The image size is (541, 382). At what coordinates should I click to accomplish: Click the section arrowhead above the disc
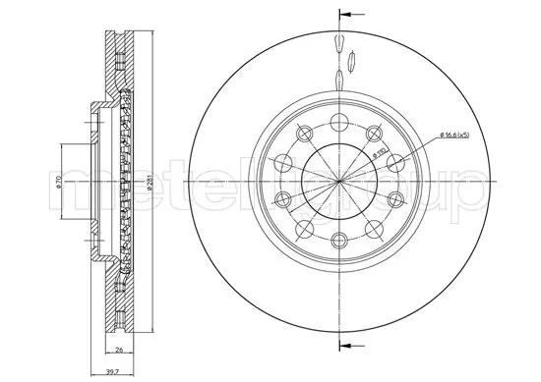[x=344, y=16]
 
